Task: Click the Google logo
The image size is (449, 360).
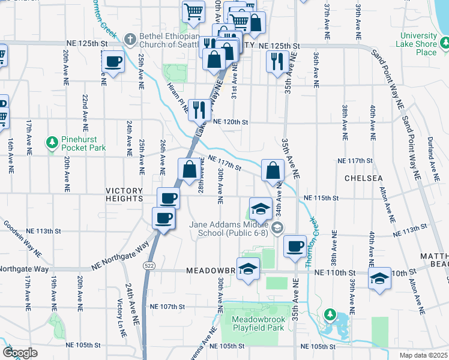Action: tap(20, 352)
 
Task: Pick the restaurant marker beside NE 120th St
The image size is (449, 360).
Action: tap(198, 110)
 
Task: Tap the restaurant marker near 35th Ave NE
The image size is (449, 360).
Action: tap(276, 61)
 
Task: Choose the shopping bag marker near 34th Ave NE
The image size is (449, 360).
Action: tap(273, 170)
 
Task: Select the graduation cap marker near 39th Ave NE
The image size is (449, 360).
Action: tap(379, 278)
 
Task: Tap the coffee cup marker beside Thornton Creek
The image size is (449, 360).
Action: tap(294, 245)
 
